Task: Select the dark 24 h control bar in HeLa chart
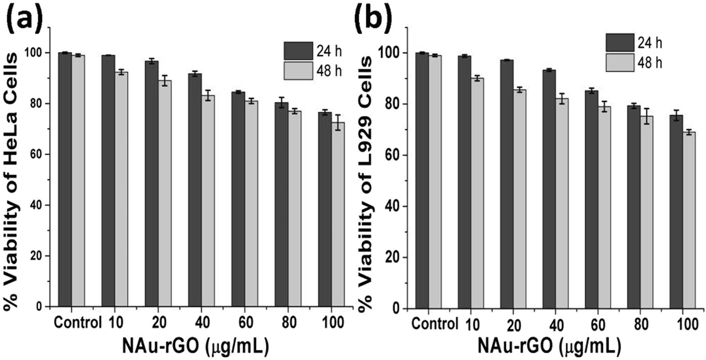tap(65, 179)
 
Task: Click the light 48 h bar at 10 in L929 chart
tap(477, 193)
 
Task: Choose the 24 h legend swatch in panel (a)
tap(298, 51)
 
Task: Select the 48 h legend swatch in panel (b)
tap(620, 62)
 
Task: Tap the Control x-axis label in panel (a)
tap(77, 323)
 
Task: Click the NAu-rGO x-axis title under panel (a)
tap(195, 346)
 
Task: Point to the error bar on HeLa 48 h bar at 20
tap(165, 81)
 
